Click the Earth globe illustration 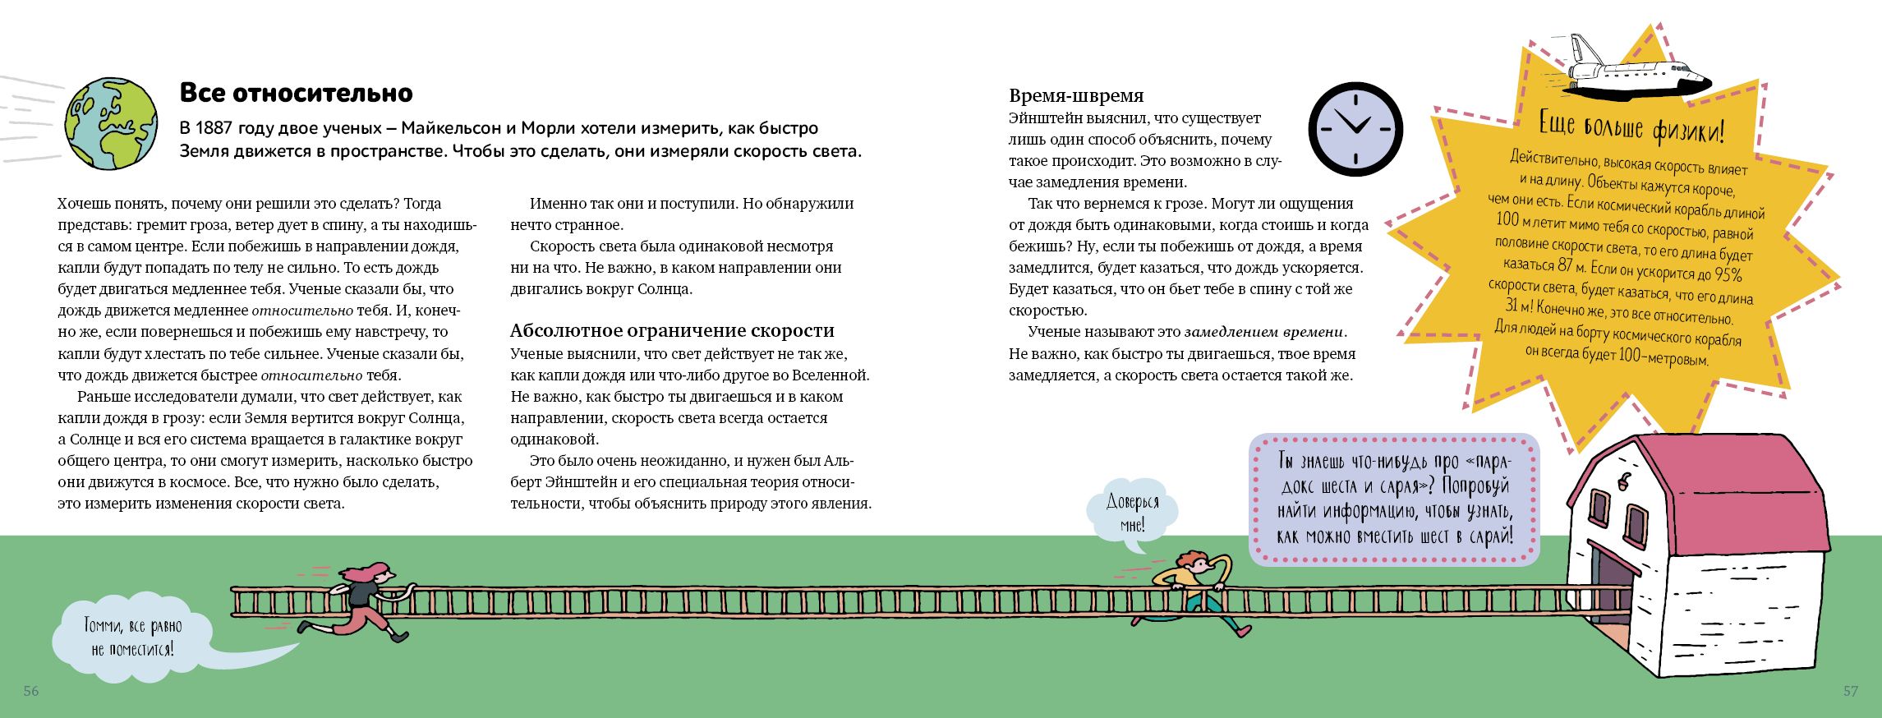pos(111,126)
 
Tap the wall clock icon pos(1355,129)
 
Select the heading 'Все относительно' pos(296,93)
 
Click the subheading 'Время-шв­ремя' pos(1076,96)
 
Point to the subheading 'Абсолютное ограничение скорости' pos(672,330)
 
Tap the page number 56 pos(31,691)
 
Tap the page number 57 pos(1850,691)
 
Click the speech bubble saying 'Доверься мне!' pos(1132,513)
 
